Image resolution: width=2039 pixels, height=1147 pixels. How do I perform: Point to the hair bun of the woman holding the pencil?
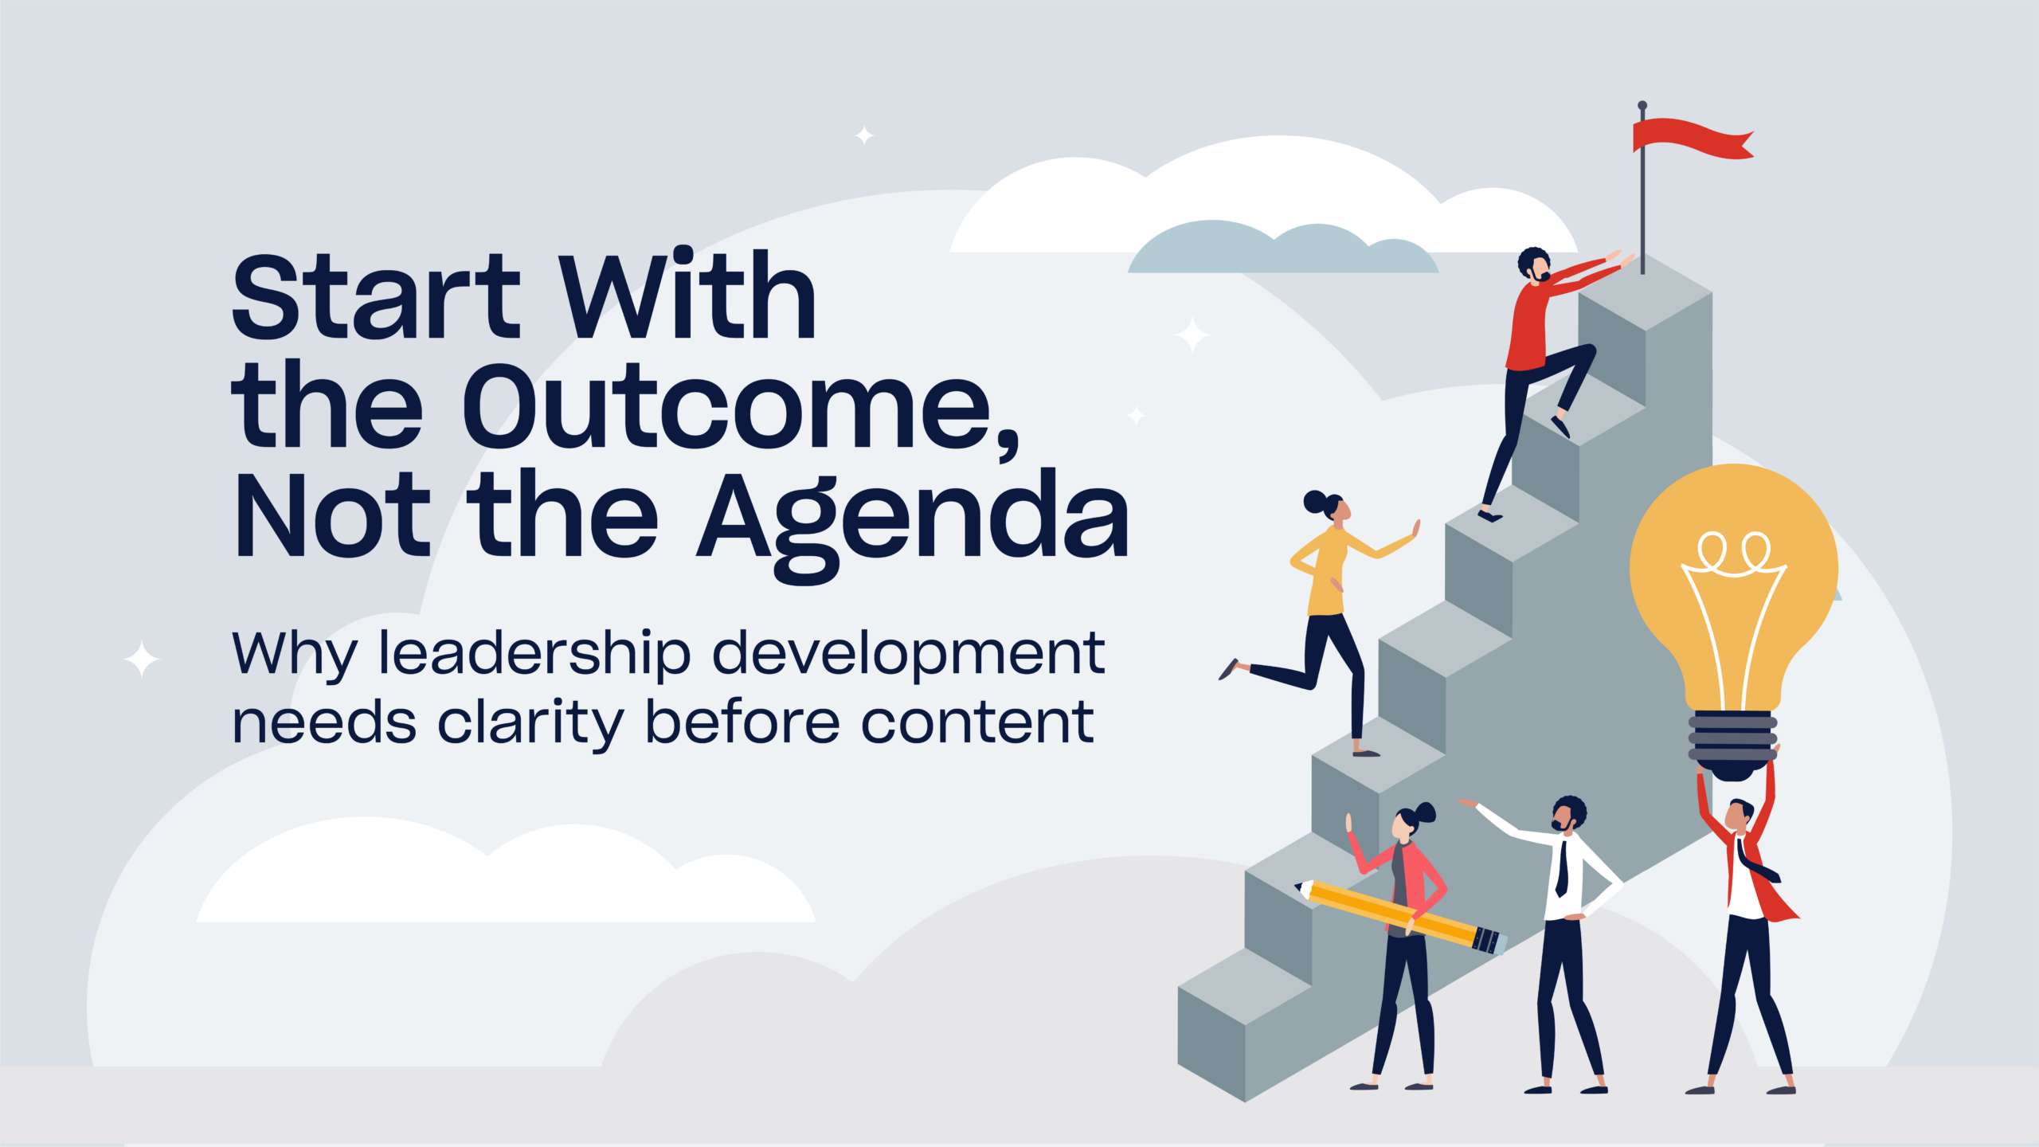tap(1426, 812)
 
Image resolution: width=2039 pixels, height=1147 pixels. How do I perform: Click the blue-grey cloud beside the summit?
tap(1283, 248)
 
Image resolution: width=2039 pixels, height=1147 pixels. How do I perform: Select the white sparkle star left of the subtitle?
tap(142, 660)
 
